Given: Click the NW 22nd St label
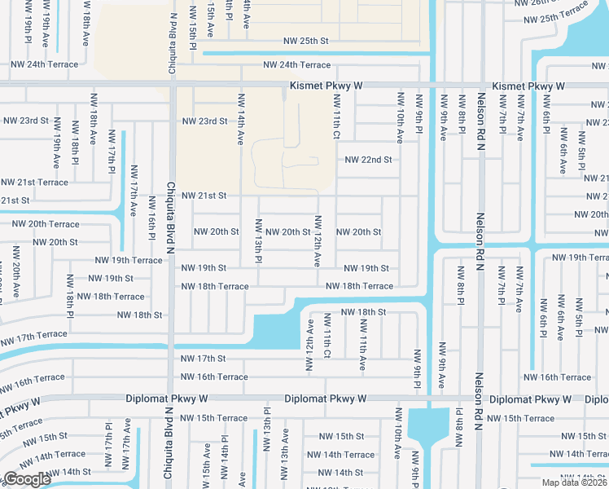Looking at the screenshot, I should [369, 160].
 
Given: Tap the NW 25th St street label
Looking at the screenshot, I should [305, 41].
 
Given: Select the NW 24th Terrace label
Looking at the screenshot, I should [296, 65].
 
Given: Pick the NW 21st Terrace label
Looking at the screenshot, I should [34, 183].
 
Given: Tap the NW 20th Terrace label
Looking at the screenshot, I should [46, 224].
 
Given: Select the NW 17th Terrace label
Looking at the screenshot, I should [33, 335].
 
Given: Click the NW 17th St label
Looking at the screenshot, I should [203, 359].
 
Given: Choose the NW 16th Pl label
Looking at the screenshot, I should [151, 218].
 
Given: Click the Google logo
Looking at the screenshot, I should [26, 479].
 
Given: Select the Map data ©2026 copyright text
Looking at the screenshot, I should [569, 482].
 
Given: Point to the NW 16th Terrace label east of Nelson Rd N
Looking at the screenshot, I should [557, 377].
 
